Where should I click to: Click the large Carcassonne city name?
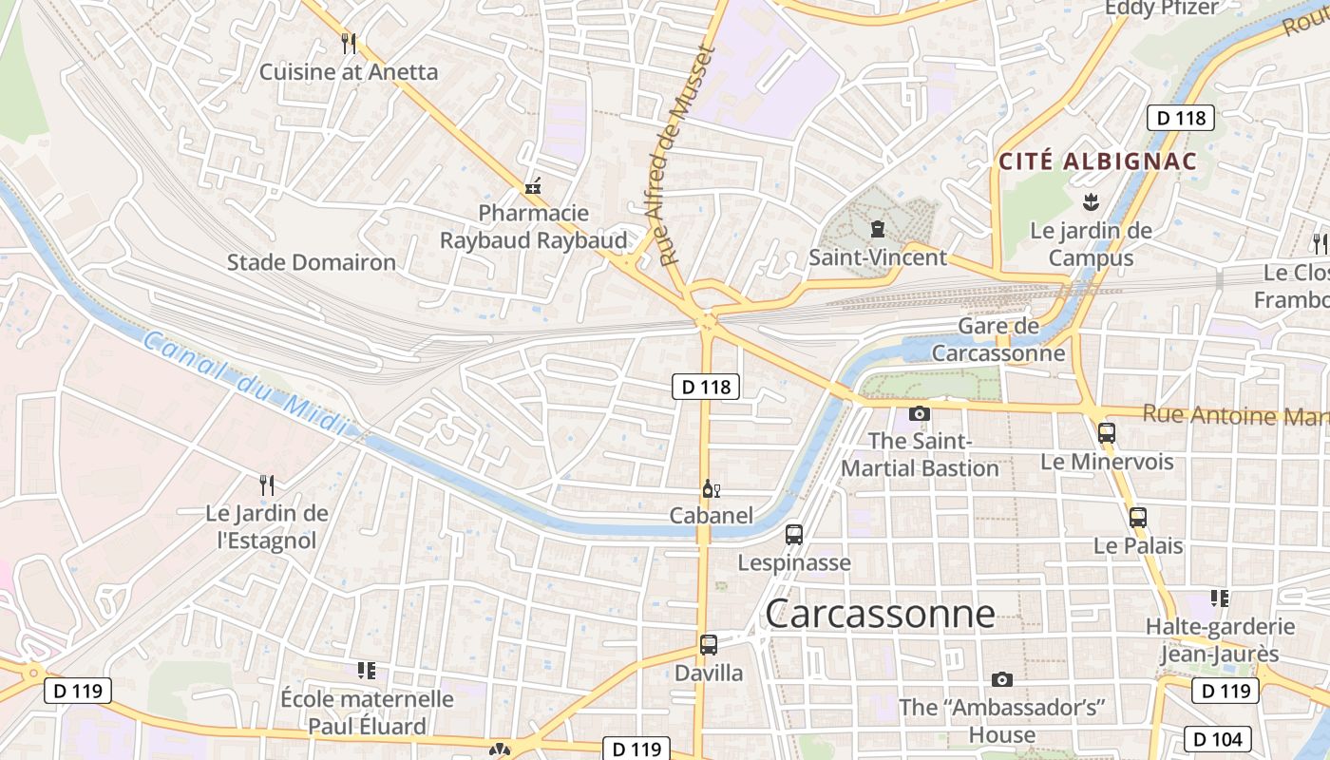pyautogui.click(x=880, y=614)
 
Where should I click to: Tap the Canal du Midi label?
pyautogui.click(x=245, y=384)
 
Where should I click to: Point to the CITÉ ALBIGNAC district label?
pyautogui.click(x=1097, y=161)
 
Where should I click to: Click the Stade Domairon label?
pyautogui.click(x=311, y=262)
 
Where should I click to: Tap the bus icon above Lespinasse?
pyautogui.click(x=794, y=535)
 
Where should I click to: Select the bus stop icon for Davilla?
pyautogui.click(x=709, y=645)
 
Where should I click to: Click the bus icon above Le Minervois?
pyautogui.click(x=1107, y=433)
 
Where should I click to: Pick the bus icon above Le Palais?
pyautogui.click(x=1138, y=518)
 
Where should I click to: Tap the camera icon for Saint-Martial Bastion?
pyautogui.click(x=919, y=413)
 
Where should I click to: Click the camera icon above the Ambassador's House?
pyautogui.click(x=1001, y=679)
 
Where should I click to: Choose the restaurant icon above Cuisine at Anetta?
pyautogui.click(x=349, y=43)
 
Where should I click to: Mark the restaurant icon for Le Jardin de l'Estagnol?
pyautogui.click(x=267, y=485)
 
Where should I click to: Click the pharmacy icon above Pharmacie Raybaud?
pyautogui.click(x=534, y=185)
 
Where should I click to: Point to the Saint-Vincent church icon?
pyautogui.click(x=877, y=229)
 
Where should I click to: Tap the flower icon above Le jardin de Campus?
pyautogui.click(x=1091, y=201)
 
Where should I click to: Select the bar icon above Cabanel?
pyautogui.click(x=711, y=489)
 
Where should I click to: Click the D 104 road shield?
pyautogui.click(x=1218, y=738)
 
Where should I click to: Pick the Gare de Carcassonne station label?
pyautogui.click(x=998, y=340)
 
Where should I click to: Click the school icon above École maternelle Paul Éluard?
pyautogui.click(x=367, y=671)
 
